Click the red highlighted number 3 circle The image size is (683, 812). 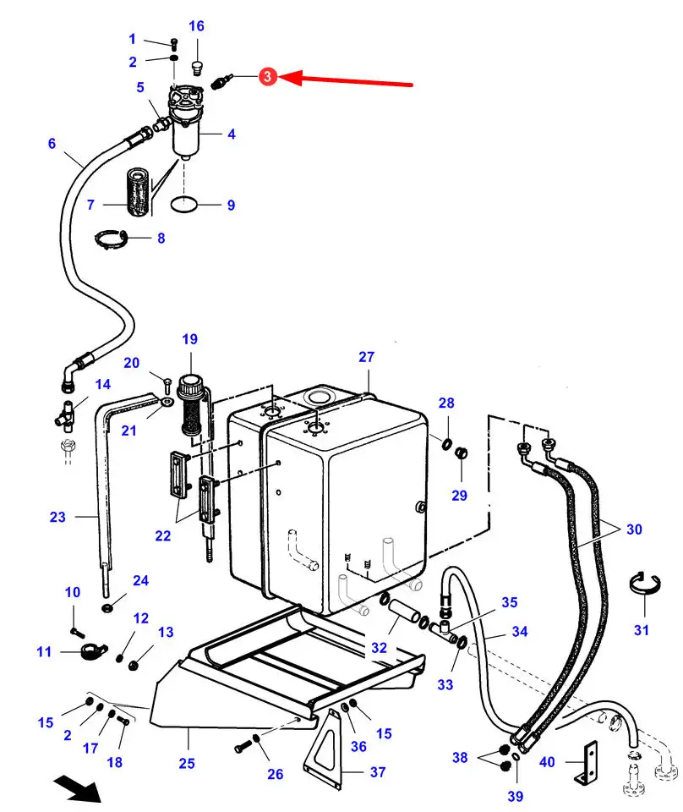point(267,77)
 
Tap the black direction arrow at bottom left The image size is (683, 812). point(78,787)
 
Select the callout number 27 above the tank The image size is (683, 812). point(366,357)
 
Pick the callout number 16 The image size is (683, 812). point(197,26)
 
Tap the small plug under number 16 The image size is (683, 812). point(196,67)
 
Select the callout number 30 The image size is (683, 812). point(634,529)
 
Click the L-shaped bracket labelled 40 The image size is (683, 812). point(586,763)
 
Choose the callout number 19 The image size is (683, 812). point(190,339)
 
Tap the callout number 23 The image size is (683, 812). point(58,517)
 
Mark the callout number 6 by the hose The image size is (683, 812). point(52,144)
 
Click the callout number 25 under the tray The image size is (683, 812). point(187,763)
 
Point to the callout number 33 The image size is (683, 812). point(445,684)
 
